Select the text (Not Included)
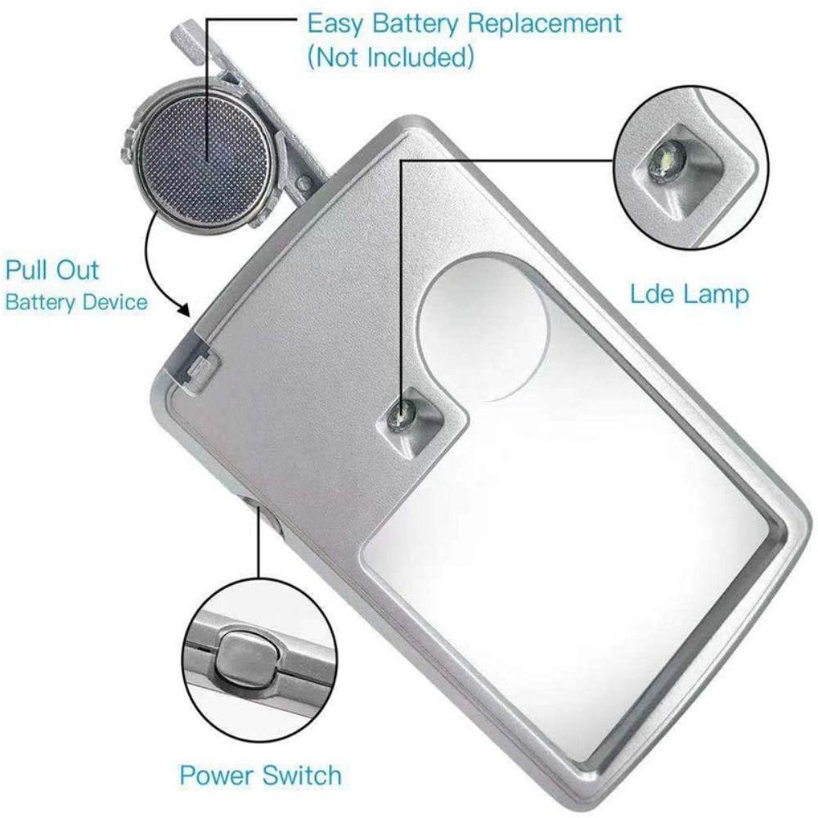(391, 57)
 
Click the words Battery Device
(76, 302)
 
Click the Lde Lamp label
(689, 294)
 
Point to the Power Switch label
(260, 774)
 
